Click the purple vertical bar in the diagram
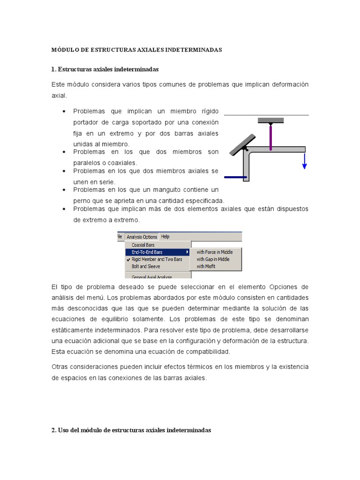(270, 136)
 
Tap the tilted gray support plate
(242, 145)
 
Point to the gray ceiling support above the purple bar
(270, 120)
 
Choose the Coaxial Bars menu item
(143, 245)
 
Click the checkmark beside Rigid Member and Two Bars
(128, 259)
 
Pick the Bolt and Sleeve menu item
(146, 266)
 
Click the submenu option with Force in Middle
(214, 252)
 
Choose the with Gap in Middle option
(213, 259)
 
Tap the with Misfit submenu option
(206, 266)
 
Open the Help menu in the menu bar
(165, 237)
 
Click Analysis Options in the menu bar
(142, 237)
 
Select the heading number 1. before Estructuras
(53, 69)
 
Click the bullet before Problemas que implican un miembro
(63, 112)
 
